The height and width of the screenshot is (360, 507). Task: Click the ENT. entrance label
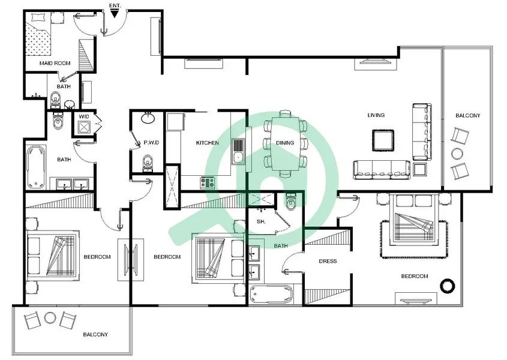tap(115, 5)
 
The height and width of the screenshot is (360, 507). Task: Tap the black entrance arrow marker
tap(114, 14)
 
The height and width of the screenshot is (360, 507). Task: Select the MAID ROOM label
tap(55, 63)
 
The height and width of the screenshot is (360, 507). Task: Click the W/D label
tap(84, 116)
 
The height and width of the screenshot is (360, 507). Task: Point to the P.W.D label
tap(152, 143)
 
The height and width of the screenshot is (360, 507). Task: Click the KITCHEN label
tap(207, 143)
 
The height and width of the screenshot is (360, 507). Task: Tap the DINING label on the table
tap(285, 143)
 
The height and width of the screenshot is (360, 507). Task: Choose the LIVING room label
tap(376, 115)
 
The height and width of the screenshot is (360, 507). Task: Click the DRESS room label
tap(328, 261)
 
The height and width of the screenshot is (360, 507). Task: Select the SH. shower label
tap(261, 221)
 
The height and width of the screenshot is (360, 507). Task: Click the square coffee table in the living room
tap(383, 140)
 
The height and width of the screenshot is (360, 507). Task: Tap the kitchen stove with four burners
tap(207, 183)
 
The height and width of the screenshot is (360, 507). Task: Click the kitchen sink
tap(238, 151)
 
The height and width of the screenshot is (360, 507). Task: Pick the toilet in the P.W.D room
tap(148, 163)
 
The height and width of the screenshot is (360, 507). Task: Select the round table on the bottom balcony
tap(50, 318)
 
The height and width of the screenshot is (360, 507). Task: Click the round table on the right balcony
tap(457, 154)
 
